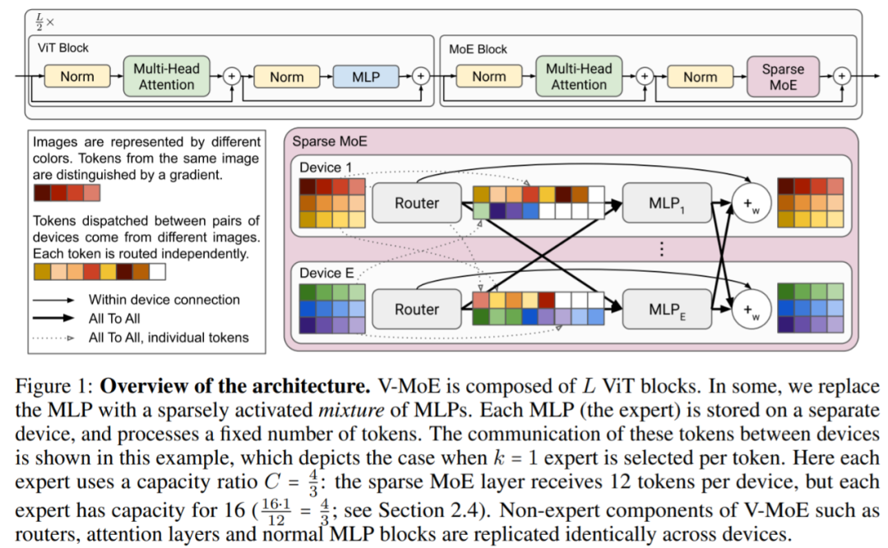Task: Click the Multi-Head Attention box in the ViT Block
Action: [167, 76]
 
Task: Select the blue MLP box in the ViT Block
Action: [366, 76]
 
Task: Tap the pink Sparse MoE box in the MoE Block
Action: [783, 76]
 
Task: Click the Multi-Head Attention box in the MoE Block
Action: [579, 76]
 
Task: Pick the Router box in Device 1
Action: [417, 203]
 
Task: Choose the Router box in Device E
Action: [417, 309]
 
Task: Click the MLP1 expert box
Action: [664, 203]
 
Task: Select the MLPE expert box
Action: [664, 309]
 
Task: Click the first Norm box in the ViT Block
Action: [77, 76]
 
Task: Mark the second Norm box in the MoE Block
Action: [700, 76]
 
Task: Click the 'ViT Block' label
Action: [63, 48]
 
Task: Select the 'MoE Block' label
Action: [480, 48]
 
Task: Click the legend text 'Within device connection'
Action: [164, 300]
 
